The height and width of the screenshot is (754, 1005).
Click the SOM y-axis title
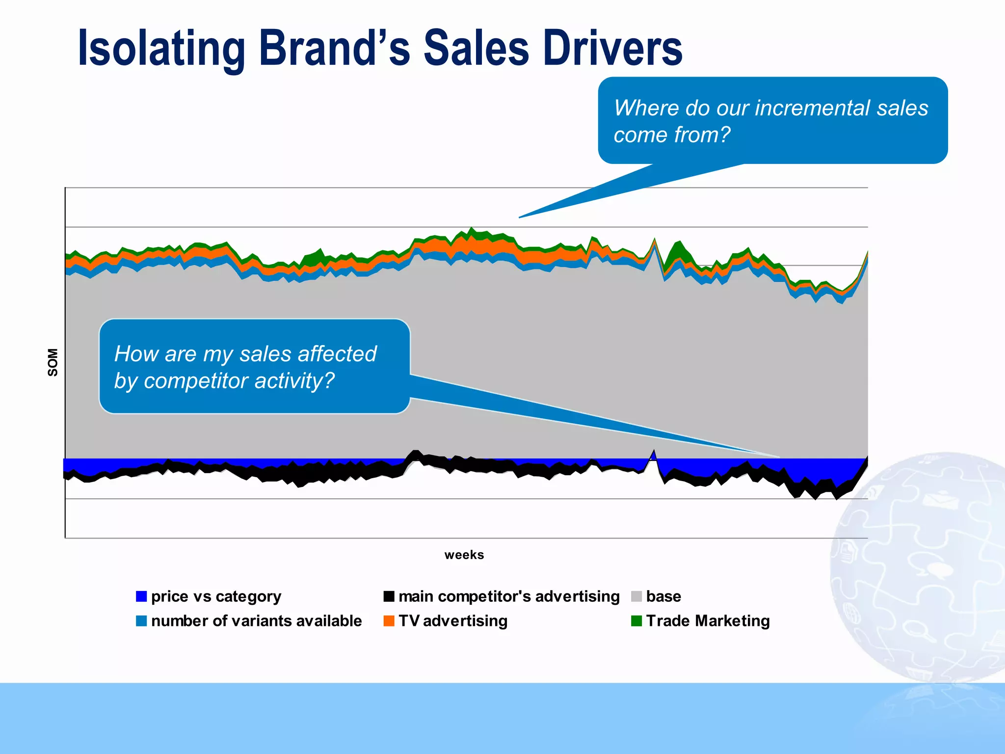[x=53, y=362]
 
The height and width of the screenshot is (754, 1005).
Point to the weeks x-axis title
[x=464, y=555]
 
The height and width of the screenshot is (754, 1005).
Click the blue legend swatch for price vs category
[x=141, y=596]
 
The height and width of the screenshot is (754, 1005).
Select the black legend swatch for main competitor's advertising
[x=389, y=596]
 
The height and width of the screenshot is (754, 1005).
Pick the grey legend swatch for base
[x=636, y=596]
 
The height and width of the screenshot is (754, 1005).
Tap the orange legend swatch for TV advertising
[x=389, y=621]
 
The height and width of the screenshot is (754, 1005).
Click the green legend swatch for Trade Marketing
[x=636, y=621]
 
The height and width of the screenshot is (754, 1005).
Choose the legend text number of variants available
[x=256, y=621]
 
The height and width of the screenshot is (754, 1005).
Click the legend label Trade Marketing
[x=708, y=621]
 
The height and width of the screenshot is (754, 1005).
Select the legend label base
[x=663, y=596]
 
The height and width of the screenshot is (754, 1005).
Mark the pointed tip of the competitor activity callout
[x=778, y=457]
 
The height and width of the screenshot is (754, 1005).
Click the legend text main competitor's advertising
[x=509, y=596]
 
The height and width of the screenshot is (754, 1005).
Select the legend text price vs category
[x=216, y=596]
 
